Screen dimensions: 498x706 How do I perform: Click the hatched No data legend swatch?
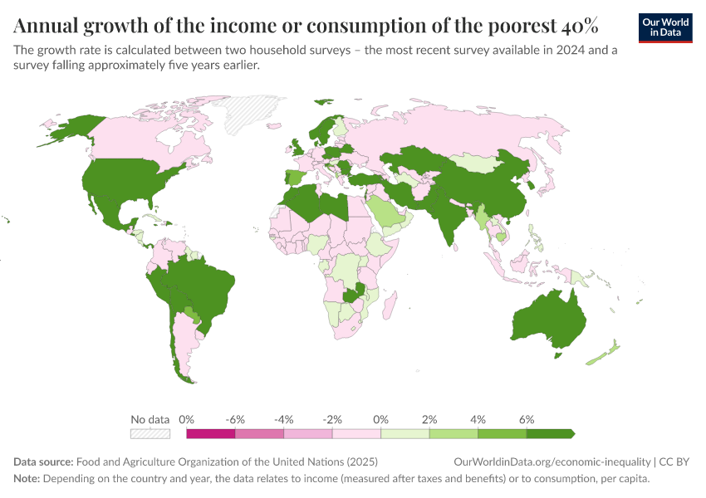[x=150, y=433]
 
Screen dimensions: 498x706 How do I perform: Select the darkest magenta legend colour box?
[x=211, y=433]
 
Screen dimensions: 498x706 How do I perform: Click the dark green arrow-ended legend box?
[x=550, y=433]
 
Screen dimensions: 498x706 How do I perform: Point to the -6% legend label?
[x=235, y=419]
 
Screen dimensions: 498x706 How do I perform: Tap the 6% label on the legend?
[x=527, y=419]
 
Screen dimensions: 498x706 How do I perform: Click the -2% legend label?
[x=332, y=419]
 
